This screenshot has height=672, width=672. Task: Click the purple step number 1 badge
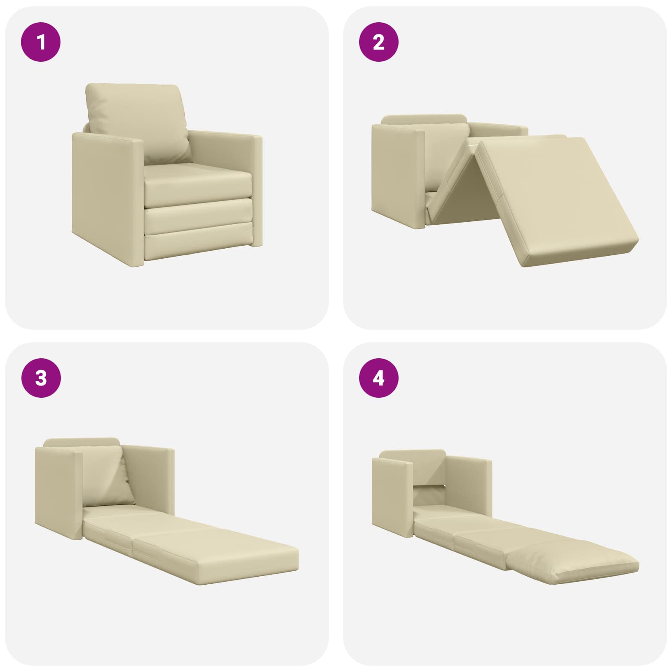pos(41,42)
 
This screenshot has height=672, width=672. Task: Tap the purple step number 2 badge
pos(378,42)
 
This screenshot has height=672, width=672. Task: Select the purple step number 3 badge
pos(41,378)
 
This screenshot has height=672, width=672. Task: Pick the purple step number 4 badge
pos(378,378)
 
